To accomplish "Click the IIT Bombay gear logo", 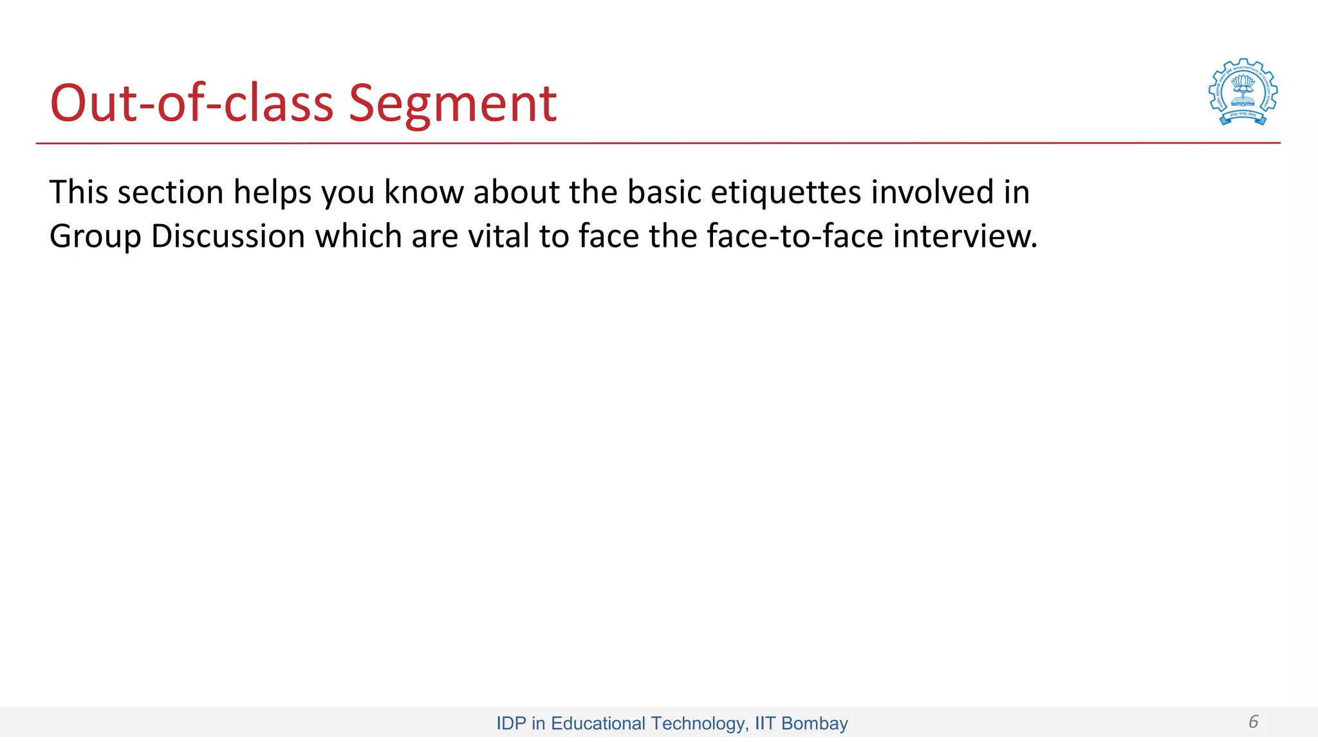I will click(1243, 91).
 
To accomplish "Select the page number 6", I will click(1253, 721).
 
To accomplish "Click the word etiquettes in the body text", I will click(785, 192).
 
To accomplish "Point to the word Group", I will click(95, 236).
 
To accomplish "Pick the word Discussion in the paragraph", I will click(228, 236).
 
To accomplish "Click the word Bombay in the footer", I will click(814, 723).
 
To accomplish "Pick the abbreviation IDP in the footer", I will click(511, 723).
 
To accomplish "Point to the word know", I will click(423, 192).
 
